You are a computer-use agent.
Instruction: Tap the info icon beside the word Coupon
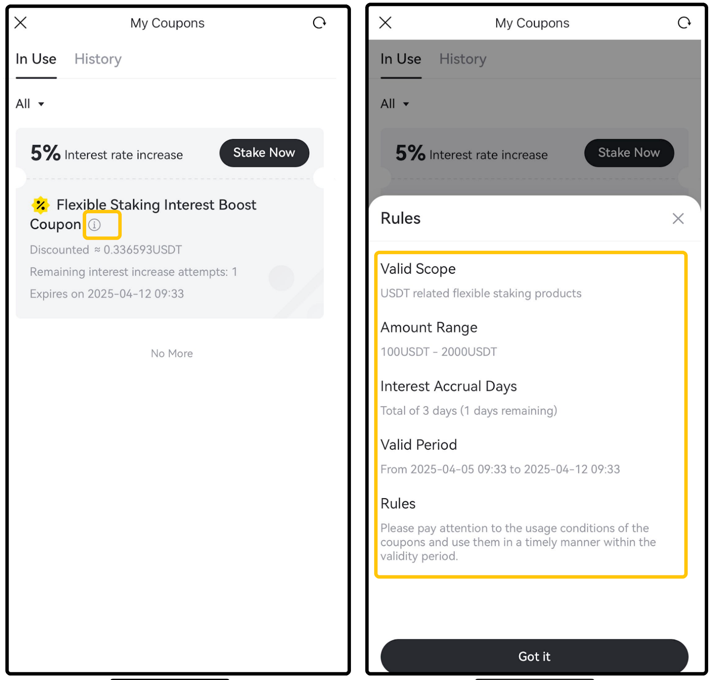(94, 224)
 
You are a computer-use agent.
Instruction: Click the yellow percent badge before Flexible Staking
(40, 205)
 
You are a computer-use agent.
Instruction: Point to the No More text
(172, 354)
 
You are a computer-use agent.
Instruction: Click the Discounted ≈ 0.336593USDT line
(106, 250)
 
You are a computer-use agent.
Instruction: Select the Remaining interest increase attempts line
(133, 272)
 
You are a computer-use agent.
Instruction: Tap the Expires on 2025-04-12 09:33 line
(107, 294)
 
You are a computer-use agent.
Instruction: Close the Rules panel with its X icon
(678, 219)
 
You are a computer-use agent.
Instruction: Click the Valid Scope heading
(418, 269)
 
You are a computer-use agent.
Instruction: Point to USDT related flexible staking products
(481, 294)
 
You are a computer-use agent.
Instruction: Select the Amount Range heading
(429, 328)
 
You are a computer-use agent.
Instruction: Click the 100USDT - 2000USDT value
(439, 352)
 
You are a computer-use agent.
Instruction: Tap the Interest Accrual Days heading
(449, 386)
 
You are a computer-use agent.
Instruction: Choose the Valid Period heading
(419, 445)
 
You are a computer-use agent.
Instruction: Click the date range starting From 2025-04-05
(500, 469)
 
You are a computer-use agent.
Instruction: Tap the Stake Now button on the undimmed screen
(264, 153)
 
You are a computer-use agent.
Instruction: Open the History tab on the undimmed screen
(98, 59)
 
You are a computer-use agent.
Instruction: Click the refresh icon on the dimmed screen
(684, 22)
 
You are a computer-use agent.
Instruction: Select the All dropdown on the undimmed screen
(30, 104)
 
